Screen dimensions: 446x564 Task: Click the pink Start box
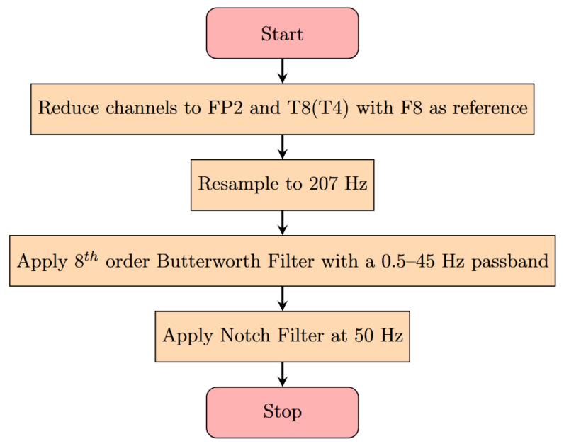pos(282,33)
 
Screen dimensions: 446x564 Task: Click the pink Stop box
pos(282,411)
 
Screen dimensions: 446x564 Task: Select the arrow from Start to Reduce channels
pos(283,71)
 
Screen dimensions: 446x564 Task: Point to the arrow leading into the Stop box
pos(283,374)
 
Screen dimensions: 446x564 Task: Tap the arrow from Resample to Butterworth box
pos(283,222)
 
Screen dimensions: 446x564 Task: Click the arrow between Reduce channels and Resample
pos(283,147)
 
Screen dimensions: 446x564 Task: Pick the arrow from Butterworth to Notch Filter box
pos(283,298)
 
